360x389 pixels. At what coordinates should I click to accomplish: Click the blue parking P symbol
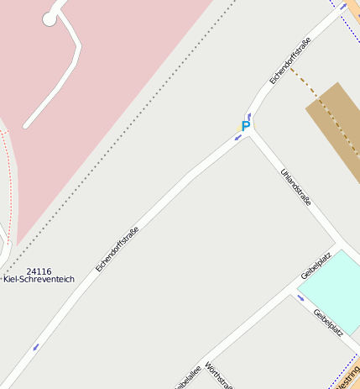tap(246, 126)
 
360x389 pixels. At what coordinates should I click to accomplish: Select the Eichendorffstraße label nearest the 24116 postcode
tap(117, 248)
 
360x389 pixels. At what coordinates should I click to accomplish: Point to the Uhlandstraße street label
tap(296, 187)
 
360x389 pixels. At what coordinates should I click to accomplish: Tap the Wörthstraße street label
tap(219, 378)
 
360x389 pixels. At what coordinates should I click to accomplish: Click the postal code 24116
tap(39, 272)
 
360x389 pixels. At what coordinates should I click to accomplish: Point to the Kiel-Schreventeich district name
tap(39, 279)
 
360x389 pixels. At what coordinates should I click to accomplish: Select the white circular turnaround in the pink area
tap(50, 18)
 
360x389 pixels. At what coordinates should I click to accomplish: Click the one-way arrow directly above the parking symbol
tap(249, 115)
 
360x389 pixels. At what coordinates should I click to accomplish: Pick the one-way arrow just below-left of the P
tap(238, 136)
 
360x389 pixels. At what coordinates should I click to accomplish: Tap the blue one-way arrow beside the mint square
tap(300, 297)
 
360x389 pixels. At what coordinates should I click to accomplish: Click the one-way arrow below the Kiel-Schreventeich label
tap(35, 346)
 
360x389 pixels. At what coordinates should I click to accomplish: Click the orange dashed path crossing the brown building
tap(323, 110)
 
